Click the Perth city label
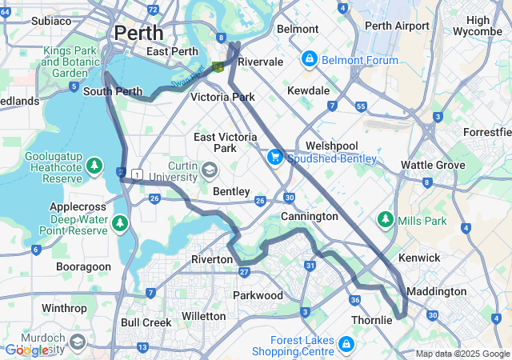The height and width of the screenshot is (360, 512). (x=138, y=33)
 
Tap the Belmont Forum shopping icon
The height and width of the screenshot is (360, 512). (x=309, y=59)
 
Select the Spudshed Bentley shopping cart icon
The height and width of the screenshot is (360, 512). (x=275, y=158)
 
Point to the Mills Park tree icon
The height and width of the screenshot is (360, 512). (x=386, y=219)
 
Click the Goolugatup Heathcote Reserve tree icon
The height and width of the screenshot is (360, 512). (x=95, y=166)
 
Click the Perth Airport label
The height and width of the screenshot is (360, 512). (x=396, y=26)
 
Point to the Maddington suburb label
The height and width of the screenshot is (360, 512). (x=436, y=291)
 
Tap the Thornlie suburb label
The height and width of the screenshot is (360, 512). (x=372, y=320)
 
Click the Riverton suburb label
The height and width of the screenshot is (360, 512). (x=211, y=259)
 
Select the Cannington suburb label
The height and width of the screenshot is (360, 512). (x=309, y=216)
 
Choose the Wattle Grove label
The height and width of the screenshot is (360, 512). (x=432, y=165)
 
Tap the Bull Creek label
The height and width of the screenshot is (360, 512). (x=146, y=322)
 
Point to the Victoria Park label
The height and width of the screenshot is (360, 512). (x=222, y=97)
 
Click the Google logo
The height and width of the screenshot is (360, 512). (x=26, y=350)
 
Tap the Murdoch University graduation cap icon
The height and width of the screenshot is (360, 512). (x=78, y=343)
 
